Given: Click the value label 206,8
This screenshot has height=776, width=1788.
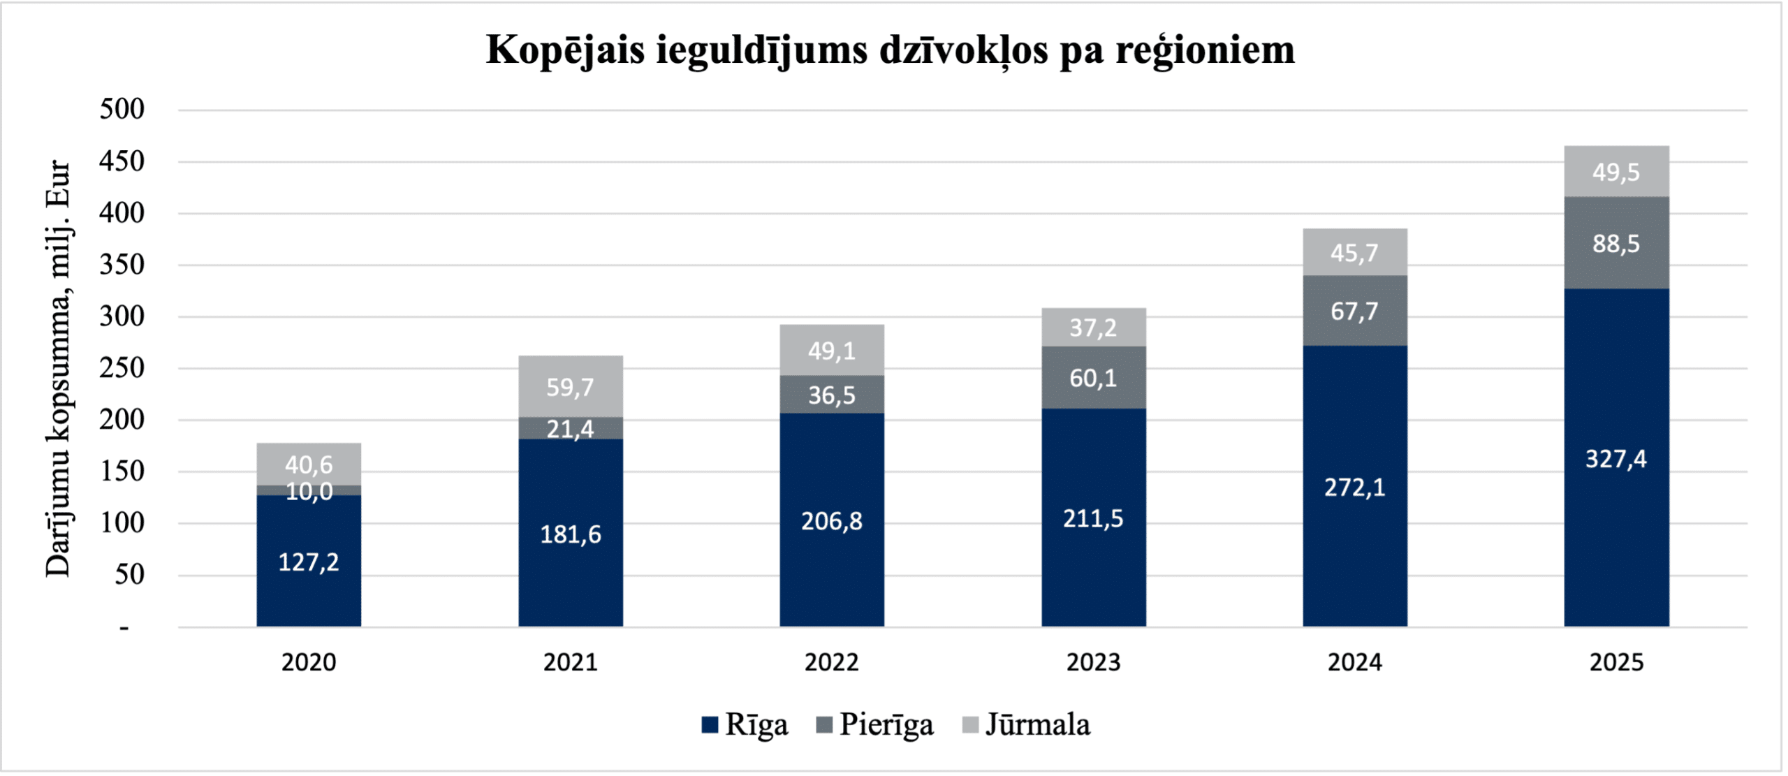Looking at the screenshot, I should [831, 521].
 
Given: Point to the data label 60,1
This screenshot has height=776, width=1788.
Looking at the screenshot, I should [1093, 379].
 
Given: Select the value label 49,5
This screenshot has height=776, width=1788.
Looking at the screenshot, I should [1616, 172].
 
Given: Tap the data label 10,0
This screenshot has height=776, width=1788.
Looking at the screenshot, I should [309, 492].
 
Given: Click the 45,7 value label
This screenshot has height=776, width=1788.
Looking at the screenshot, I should [1354, 252].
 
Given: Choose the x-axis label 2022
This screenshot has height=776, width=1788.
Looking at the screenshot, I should [831, 662].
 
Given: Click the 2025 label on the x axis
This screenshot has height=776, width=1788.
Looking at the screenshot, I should [1616, 662].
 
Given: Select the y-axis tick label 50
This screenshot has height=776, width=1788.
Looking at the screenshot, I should [129, 575].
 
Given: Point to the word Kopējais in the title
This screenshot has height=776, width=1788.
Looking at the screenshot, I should [565, 51].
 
